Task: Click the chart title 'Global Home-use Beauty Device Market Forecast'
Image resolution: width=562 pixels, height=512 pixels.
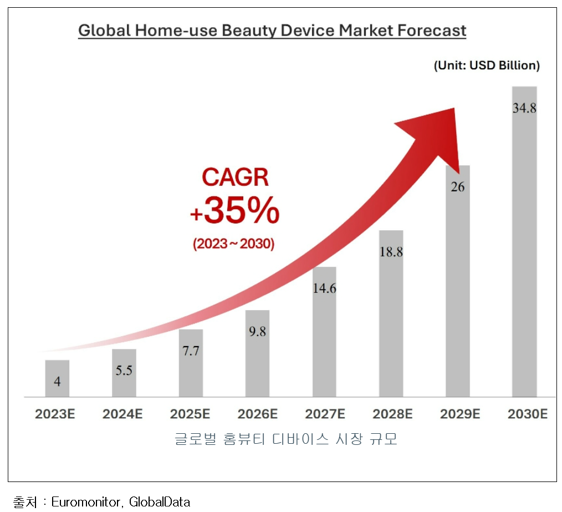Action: [272, 30]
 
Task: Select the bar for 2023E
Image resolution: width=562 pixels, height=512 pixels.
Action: [57, 378]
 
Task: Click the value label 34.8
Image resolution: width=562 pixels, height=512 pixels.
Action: [524, 108]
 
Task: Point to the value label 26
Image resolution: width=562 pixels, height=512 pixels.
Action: [457, 187]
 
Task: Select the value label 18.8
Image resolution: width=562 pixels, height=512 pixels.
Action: [391, 251]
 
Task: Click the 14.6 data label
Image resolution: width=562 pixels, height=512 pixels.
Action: [324, 288]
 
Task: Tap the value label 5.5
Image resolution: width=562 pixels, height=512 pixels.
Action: [124, 370]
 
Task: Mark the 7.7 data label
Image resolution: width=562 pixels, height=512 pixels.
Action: [191, 352]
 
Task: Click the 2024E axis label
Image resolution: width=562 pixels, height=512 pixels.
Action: [123, 414]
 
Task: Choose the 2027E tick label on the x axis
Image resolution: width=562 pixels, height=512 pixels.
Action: [325, 414]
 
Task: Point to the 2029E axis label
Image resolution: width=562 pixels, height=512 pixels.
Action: [460, 414]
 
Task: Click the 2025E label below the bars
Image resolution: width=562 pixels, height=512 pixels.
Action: [190, 414]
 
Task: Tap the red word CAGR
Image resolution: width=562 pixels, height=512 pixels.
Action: [235, 178]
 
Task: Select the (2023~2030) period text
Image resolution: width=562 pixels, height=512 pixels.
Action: [234, 244]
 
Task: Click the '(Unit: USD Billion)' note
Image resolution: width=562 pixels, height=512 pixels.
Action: [486, 65]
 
